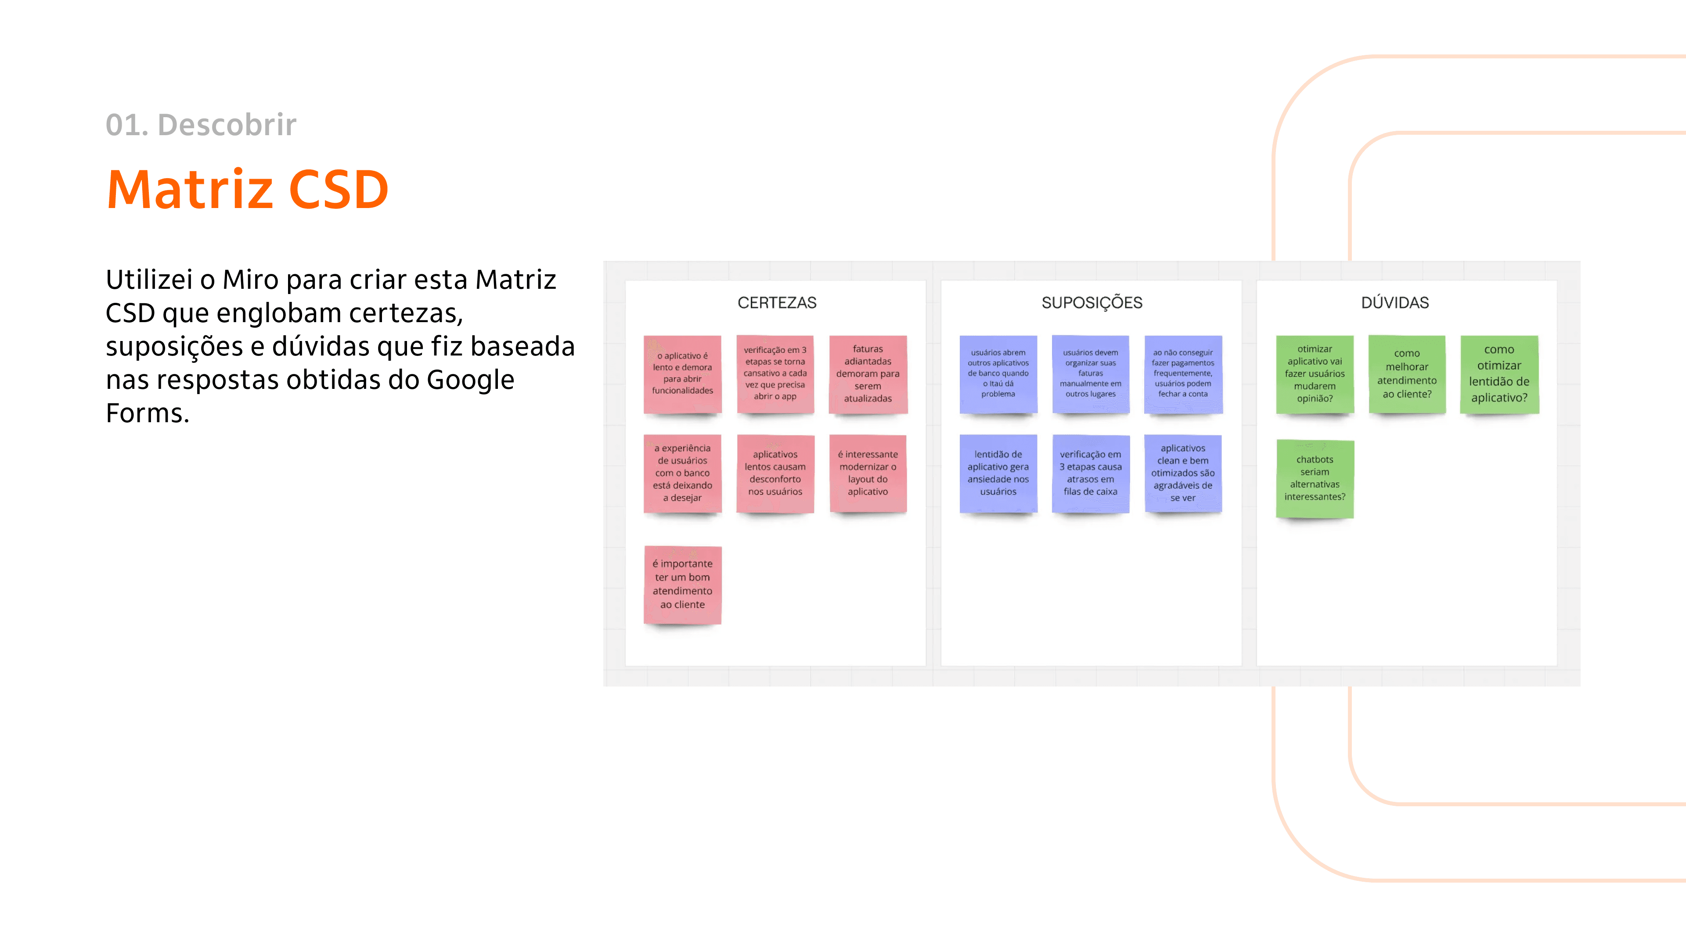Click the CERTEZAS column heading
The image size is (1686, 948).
777,303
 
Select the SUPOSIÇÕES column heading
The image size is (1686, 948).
1092,303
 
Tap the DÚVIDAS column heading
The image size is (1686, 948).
1395,303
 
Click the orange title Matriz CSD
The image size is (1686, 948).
247,190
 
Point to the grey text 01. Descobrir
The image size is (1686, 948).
201,125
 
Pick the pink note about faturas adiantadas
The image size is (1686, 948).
868,374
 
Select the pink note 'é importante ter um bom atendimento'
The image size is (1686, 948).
683,584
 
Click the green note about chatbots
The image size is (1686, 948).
1315,478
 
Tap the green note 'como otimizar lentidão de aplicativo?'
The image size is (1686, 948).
1499,374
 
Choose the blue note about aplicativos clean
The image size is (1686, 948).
1183,473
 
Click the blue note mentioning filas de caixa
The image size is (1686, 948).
1090,473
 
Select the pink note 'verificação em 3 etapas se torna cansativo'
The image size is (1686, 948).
775,374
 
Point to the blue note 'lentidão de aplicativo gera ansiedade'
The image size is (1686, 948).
998,473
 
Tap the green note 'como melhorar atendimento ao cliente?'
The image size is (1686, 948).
1406,374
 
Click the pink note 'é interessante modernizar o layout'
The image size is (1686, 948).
868,473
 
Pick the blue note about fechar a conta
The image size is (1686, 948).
1183,374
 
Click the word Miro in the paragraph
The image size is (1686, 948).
251,280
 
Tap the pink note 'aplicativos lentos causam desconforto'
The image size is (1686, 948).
775,473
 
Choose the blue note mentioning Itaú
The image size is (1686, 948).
998,374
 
